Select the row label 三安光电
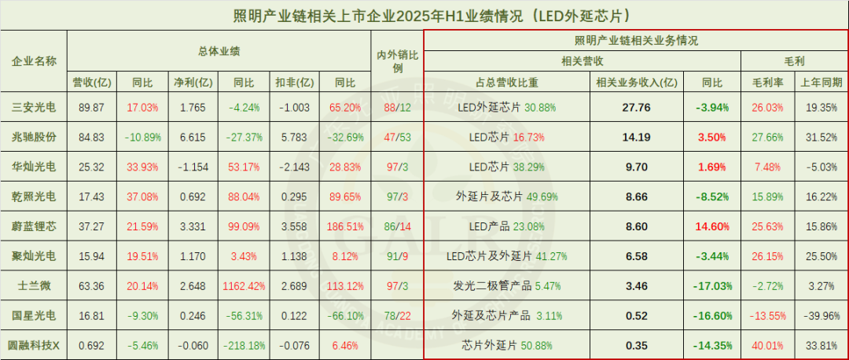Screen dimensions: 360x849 click(34, 107)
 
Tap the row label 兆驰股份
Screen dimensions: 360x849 click(34, 136)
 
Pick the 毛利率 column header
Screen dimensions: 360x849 click(766, 81)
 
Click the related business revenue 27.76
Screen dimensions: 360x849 click(635, 107)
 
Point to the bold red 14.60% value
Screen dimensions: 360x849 click(712, 226)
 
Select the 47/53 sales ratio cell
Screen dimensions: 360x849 click(397, 136)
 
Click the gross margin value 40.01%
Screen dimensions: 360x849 click(766, 345)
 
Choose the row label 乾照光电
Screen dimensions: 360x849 click(34, 196)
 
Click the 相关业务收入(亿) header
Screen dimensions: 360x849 click(635, 81)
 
